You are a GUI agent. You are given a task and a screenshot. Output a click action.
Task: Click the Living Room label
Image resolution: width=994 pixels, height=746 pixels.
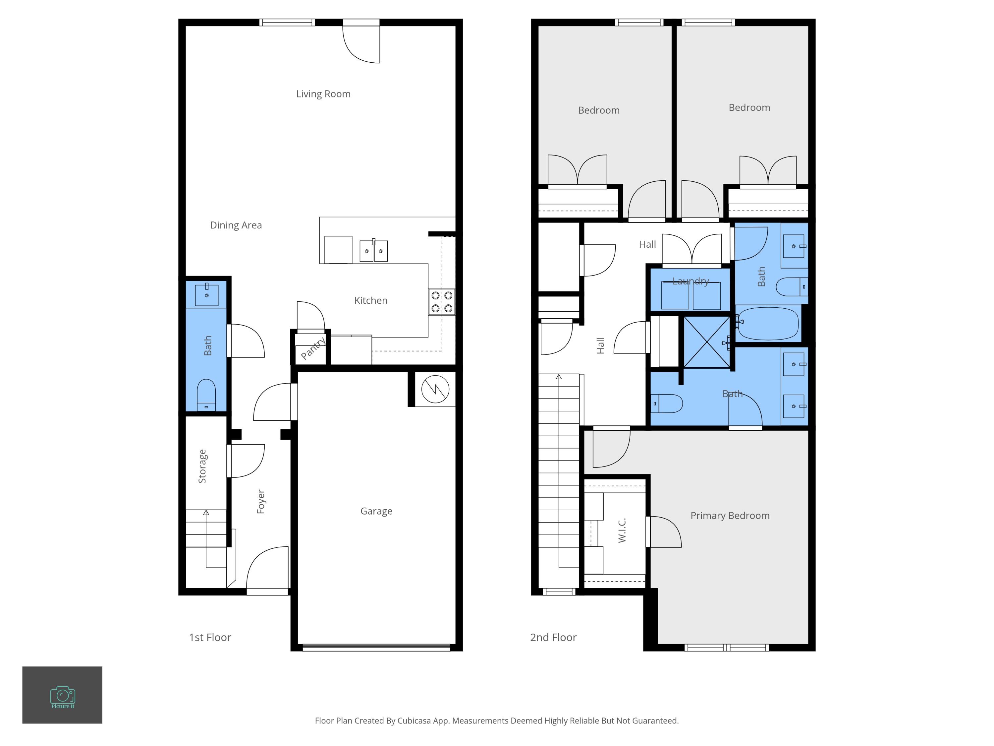[x=323, y=94]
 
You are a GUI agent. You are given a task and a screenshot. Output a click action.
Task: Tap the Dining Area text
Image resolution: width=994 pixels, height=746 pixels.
[x=236, y=225]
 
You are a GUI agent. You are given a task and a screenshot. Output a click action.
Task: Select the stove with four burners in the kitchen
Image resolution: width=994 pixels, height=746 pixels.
[x=442, y=302]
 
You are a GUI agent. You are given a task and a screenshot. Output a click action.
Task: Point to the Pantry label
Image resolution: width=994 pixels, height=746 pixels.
[x=313, y=348]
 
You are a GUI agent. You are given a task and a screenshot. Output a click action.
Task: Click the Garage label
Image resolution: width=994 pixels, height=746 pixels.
[x=376, y=511]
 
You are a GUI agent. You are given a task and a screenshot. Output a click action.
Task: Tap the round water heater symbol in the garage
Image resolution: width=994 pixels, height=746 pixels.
[x=435, y=389]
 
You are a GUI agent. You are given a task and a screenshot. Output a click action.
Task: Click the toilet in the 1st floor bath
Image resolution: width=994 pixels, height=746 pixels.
[x=206, y=394]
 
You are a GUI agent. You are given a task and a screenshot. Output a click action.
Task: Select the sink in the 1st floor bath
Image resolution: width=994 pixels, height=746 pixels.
[x=207, y=295]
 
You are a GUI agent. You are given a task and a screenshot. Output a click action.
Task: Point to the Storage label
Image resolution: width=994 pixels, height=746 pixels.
[x=202, y=466]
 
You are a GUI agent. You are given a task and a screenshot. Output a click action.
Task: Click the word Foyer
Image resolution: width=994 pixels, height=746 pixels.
[x=261, y=502]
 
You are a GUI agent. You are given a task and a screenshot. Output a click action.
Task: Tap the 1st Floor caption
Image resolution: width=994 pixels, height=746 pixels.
[x=210, y=638]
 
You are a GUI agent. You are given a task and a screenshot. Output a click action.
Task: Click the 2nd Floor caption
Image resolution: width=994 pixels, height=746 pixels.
[x=553, y=638]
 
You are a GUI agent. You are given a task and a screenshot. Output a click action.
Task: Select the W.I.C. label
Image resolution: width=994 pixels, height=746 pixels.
[x=622, y=530]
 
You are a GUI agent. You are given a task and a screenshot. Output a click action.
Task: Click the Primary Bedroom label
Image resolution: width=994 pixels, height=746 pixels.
[x=730, y=516]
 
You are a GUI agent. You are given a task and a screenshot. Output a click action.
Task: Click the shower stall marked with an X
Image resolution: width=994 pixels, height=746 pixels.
[x=707, y=342]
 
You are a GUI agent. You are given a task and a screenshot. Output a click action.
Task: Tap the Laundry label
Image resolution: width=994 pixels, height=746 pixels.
[x=691, y=281]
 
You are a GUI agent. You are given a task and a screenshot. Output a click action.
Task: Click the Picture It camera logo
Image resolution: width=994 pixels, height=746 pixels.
[x=63, y=696]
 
